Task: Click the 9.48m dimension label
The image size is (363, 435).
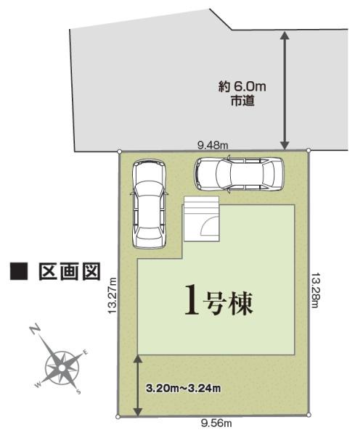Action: point(213,145)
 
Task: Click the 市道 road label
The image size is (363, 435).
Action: point(242,102)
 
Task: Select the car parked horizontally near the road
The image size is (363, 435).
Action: point(237,174)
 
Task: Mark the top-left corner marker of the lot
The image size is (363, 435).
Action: point(119,152)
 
